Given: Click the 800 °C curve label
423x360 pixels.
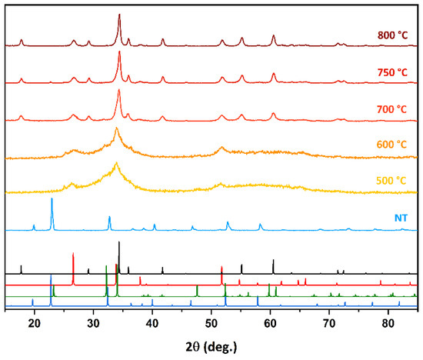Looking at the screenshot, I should (392, 35).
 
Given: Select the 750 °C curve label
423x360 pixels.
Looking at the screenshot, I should (392, 72).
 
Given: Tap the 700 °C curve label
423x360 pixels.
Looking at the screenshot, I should (392, 109).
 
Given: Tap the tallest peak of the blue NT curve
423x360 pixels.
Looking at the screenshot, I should (52, 199).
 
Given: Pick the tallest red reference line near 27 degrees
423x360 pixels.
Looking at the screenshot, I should (73, 254).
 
